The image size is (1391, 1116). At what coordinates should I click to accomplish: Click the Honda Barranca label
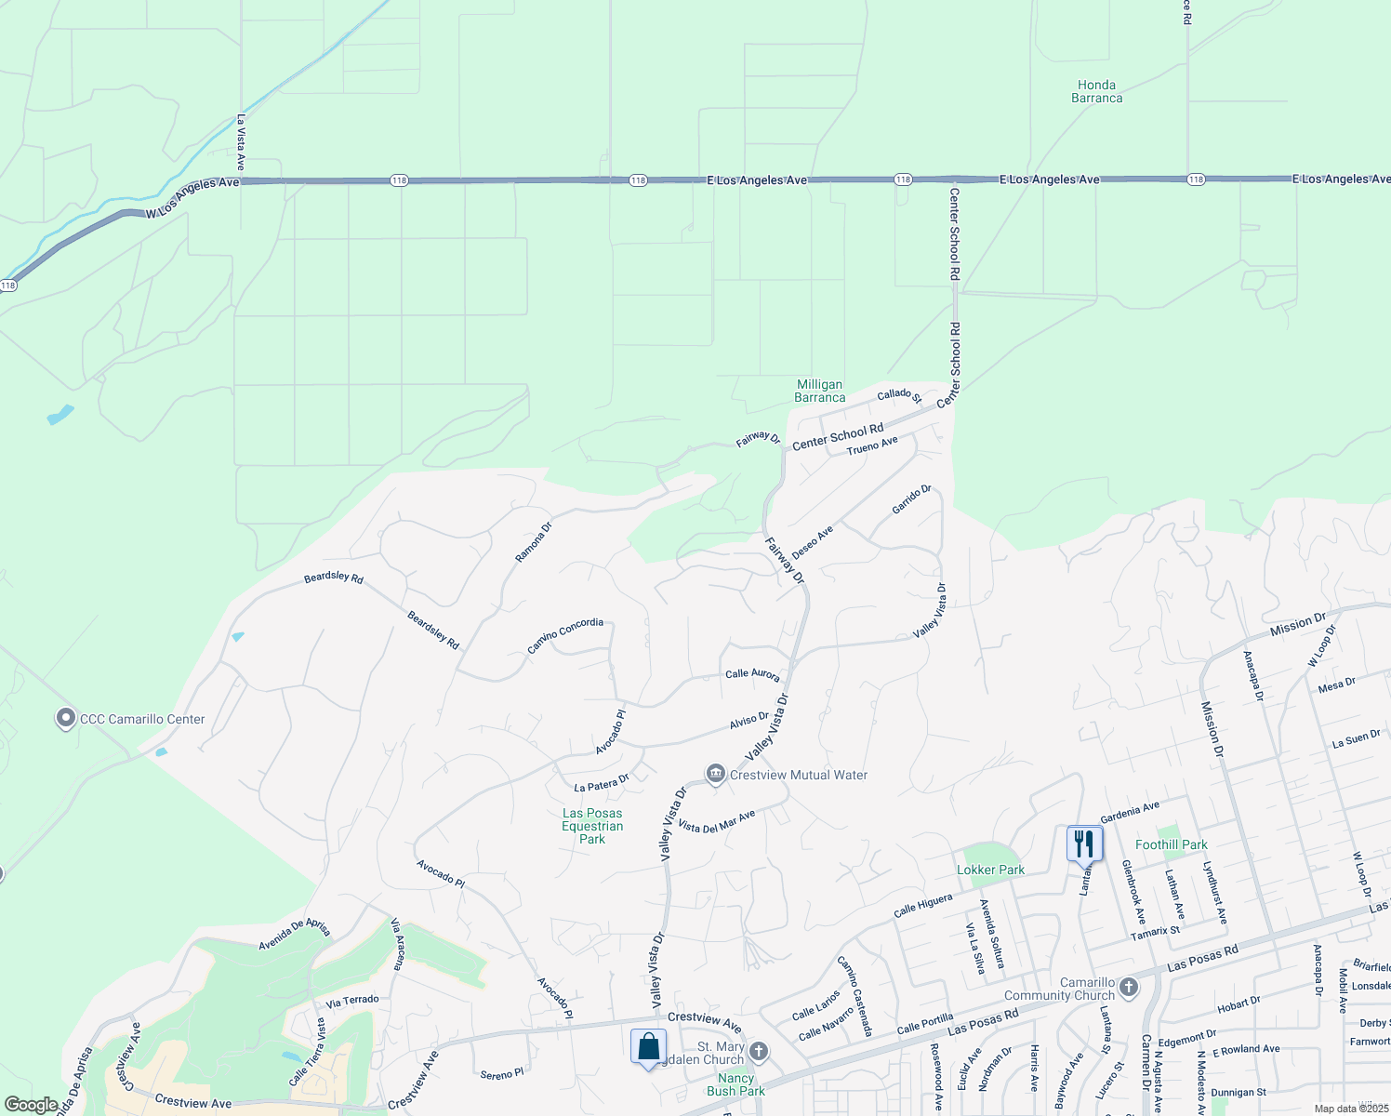point(1096,91)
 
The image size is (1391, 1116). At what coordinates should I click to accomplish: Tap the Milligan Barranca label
point(819,391)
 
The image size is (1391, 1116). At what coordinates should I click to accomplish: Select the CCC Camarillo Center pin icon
point(65,719)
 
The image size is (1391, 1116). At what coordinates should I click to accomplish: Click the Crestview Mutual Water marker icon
point(715,774)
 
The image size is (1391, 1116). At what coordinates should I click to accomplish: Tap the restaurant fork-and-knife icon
point(1084,844)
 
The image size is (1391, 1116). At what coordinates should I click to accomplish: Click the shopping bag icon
point(648,1046)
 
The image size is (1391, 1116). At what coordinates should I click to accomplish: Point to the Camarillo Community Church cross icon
point(1129,987)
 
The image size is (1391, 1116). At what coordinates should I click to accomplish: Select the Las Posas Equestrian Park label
point(592,826)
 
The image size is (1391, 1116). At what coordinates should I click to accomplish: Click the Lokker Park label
point(991,870)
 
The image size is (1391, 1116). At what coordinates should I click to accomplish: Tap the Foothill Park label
point(1171,844)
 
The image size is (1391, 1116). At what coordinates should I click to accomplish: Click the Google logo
point(31,1105)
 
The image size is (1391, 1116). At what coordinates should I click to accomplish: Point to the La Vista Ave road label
point(241,141)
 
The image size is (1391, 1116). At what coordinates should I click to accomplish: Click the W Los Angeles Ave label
point(192,199)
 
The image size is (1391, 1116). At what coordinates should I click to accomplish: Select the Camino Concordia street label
point(565,636)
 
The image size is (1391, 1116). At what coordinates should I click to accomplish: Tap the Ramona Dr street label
point(534,541)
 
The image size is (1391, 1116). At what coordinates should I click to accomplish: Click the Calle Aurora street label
point(752,674)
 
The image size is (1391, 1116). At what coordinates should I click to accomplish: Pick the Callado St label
point(899,395)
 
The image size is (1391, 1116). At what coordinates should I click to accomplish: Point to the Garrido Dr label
point(911,499)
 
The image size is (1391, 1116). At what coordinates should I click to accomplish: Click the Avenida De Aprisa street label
point(294,935)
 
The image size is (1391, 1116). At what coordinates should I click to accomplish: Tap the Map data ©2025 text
point(1351,1109)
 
